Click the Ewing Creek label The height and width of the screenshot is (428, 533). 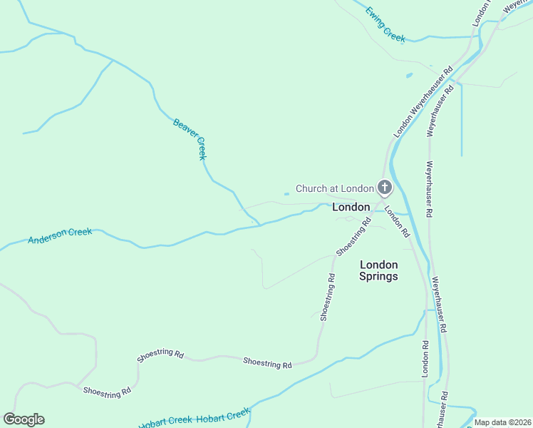click(385, 24)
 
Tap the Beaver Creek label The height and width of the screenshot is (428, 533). click(190, 138)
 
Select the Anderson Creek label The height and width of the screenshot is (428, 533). click(60, 236)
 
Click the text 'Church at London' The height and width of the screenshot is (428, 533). click(334, 188)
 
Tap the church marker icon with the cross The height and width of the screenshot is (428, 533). click(385, 188)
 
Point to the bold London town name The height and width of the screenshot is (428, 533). click(351, 207)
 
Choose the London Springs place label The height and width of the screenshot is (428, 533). click(378, 270)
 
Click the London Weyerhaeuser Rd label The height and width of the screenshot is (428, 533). click(424, 103)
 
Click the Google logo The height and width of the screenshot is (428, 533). click(24, 419)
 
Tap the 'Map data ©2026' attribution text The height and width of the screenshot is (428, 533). click(502, 422)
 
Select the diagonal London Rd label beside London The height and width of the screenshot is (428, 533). click(397, 221)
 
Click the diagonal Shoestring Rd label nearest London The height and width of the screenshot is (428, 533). click(354, 237)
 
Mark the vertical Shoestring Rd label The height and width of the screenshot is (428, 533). click(327, 295)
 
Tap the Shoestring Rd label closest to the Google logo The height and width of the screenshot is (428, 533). click(107, 391)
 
